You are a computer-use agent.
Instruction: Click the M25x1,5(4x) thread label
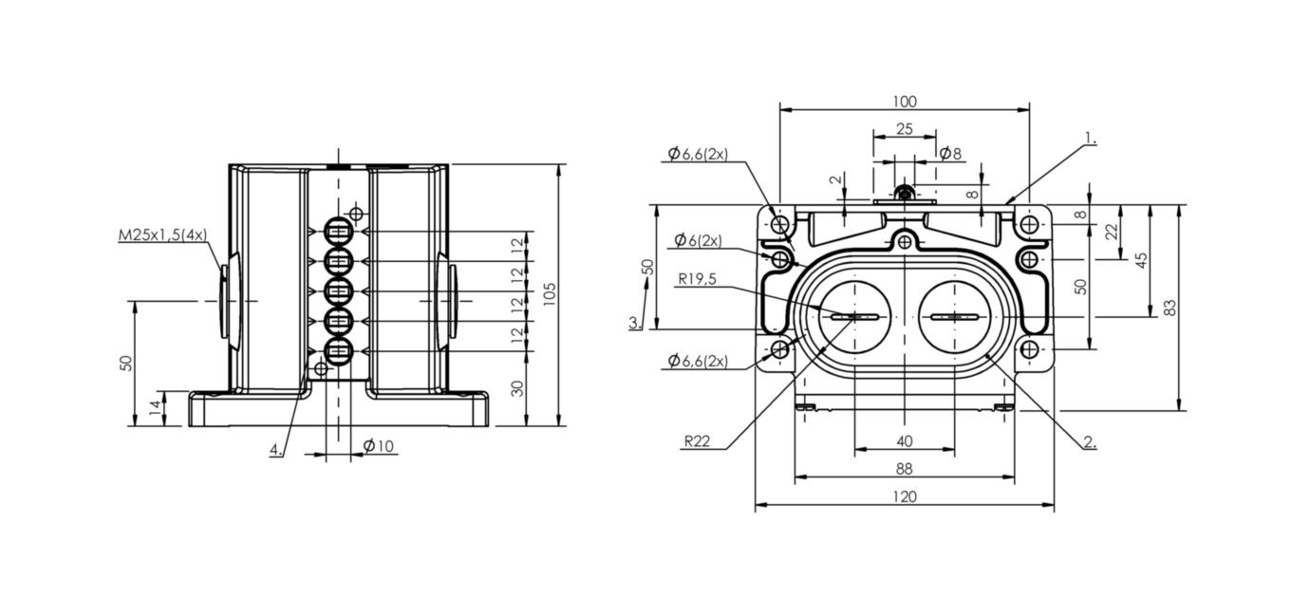(161, 234)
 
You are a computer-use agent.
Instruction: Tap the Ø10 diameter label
(379, 446)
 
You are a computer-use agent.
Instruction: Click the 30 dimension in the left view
(517, 388)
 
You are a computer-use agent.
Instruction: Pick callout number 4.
(275, 450)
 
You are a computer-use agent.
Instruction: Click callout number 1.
(1091, 139)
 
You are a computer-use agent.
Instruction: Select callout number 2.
(1090, 442)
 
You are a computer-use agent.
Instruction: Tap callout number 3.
(634, 323)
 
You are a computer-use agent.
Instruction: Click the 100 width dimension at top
(905, 102)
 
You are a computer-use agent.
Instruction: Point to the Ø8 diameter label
(949, 153)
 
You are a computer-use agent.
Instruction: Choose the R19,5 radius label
(698, 280)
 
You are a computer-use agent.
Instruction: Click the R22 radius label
(696, 441)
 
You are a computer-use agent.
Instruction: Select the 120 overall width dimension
(905, 496)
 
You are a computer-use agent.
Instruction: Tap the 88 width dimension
(905, 468)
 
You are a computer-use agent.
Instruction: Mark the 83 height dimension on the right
(1170, 308)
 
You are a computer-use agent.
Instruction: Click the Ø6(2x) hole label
(698, 241)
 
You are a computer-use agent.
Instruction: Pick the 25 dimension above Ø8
(904, 128)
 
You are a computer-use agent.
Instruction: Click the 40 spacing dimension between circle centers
(905, 440)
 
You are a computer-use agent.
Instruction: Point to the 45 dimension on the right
(1143, 259)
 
